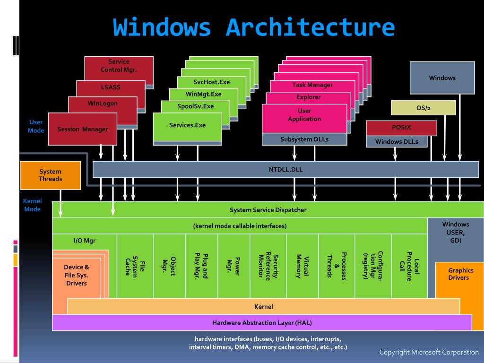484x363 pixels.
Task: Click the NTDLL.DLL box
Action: tap(285, 169)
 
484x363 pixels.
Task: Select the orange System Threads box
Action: tap(50, 175)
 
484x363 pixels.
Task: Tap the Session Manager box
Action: tap(82, 129)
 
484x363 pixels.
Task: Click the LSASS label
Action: tap(111, 87)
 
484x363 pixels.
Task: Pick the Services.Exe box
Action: tap(187, 126)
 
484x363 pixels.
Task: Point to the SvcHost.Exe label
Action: tap(211, 82)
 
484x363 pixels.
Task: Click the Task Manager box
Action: tap(312, 85)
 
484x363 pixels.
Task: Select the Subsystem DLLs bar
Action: tap(304, 139)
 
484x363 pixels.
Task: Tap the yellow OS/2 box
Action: tap(423, 108)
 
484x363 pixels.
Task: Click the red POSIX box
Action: tap(401, 128)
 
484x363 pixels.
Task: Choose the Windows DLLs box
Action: tap(397, 141)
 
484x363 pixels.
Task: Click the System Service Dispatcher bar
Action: tap(268, 210)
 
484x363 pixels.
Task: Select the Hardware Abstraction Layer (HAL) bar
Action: tap(262, 323)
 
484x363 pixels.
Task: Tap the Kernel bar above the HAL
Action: tap(263, 307)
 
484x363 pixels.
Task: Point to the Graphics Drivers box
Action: tap(460, 274)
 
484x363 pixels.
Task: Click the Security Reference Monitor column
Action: tap(268, 266)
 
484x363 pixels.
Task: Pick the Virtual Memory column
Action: tap(302, 266)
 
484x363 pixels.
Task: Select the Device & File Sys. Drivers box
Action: tap(76, 275)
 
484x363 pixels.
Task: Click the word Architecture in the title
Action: tap(310, 27)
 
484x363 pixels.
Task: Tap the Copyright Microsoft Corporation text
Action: tap(429, 352)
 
